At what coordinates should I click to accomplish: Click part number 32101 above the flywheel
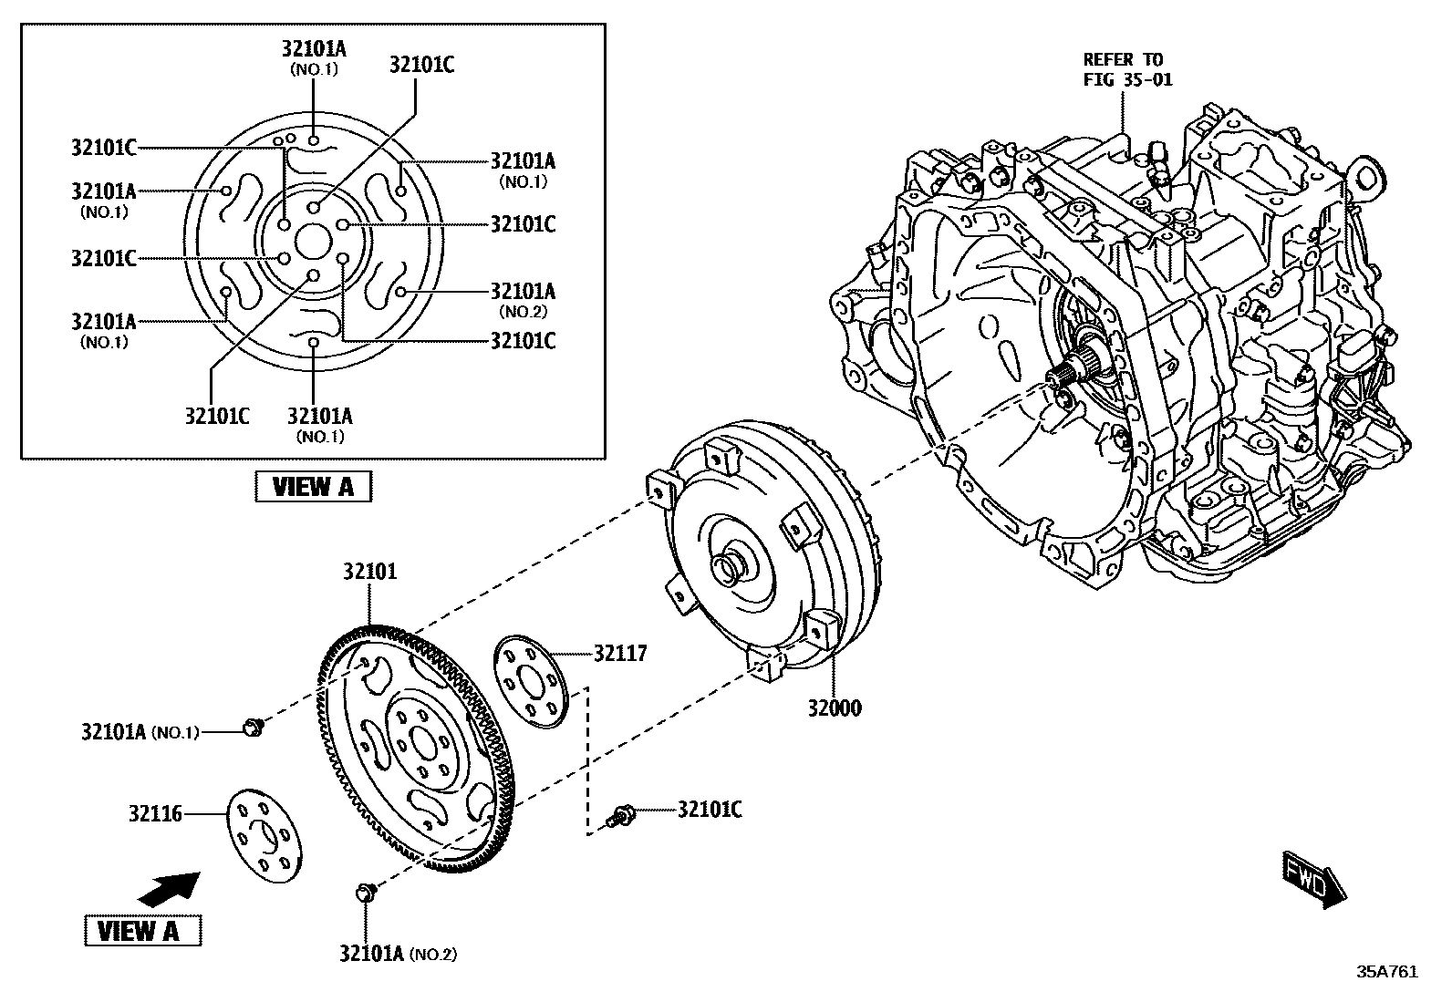tap(370, 572)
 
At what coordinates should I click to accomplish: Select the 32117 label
tap(620, 653)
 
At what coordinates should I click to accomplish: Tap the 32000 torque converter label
tap(834, 707)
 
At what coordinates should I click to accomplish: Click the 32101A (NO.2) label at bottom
tap(398, 954)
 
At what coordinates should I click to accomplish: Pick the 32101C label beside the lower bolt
tap(710, 809)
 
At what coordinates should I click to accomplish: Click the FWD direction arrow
tap(1314, 880)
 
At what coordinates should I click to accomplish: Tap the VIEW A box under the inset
tap(313, 486)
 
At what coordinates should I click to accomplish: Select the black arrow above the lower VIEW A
tap(170, 887)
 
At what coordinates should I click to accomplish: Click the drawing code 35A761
tap(1388, 972)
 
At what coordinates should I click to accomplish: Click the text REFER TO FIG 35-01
tap(1127, 70)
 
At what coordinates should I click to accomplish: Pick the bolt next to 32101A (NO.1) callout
tap(252, 727)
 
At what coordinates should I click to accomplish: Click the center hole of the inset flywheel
tap(313, 242)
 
